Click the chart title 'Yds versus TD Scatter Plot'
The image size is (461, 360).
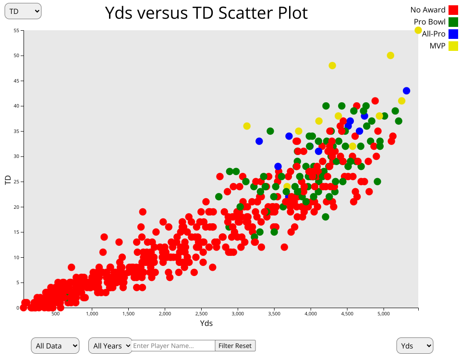[206, 13]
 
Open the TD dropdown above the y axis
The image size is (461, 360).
[23, 12]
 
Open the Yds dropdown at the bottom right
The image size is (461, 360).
[414, 346]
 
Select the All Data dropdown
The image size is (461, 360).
[55, 346]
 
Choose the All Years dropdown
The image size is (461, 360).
[110, 346]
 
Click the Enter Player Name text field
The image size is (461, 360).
[173, 346]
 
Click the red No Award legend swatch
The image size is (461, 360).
[453, 10]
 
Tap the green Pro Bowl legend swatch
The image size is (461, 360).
[453, 22]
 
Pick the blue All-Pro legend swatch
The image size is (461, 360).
[453, 34]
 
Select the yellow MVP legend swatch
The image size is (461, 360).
[453, 46]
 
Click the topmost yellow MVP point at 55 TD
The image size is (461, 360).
[418, 30]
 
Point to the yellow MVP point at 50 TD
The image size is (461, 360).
[390, 56]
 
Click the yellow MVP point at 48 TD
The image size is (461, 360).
[332, 66]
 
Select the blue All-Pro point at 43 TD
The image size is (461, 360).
[407, 91]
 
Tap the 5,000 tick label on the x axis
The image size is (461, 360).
[383, 314]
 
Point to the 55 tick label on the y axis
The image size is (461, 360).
[16, 30]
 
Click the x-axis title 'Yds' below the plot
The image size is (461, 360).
[206, 324]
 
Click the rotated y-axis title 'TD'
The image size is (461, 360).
[8, 180]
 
